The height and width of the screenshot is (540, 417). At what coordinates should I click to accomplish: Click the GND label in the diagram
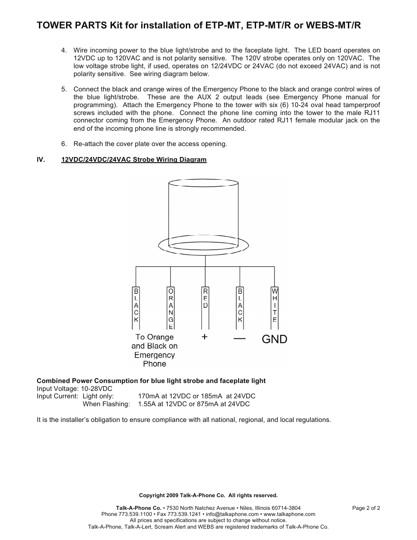[x=275, y=339]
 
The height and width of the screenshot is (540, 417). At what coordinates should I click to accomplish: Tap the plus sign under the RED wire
[x=205, y=337]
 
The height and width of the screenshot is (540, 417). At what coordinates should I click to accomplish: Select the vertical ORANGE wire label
[x=171, y=308]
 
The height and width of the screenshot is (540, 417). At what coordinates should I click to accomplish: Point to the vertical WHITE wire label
[x=275, y=305]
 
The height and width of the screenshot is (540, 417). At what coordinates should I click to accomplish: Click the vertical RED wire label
[x=205, y=298]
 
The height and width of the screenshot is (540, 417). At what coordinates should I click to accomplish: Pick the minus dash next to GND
[x=240, y=338]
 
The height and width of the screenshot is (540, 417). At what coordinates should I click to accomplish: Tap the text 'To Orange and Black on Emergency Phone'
[x=154, y=350]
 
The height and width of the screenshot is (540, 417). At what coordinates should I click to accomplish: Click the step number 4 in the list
[x=64, y=50]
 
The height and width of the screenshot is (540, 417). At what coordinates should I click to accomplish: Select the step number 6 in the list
[x=64, y=144]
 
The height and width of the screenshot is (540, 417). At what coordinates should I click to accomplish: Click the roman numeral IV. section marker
[x=41, y=160]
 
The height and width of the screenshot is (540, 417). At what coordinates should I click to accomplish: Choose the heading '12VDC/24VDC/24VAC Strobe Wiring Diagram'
[x=134, y=160]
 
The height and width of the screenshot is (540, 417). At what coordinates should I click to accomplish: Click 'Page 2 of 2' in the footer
[x=366, y=508]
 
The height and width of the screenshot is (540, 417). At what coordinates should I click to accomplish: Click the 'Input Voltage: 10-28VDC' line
[x=74, y=388]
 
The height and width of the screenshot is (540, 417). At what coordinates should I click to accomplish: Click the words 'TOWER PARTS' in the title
[x=66, y=26]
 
